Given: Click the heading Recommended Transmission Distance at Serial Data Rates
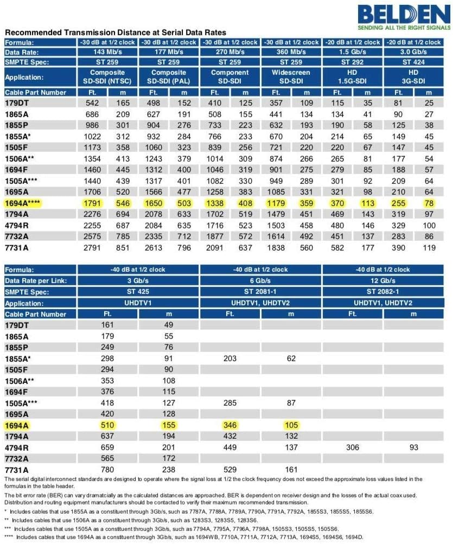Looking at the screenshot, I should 116,33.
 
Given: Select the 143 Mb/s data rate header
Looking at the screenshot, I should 109,52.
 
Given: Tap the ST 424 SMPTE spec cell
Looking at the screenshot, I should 413,62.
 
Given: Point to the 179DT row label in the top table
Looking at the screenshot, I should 20,103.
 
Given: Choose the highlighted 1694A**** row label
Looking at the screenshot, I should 27,203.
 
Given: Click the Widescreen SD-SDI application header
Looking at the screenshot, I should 291,77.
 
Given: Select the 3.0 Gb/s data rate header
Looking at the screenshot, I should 413,52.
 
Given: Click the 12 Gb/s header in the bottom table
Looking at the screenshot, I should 383,281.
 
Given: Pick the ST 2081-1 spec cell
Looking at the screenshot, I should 260,292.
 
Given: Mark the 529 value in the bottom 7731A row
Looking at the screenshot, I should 231,470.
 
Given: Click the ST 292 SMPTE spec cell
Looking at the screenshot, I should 353,62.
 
